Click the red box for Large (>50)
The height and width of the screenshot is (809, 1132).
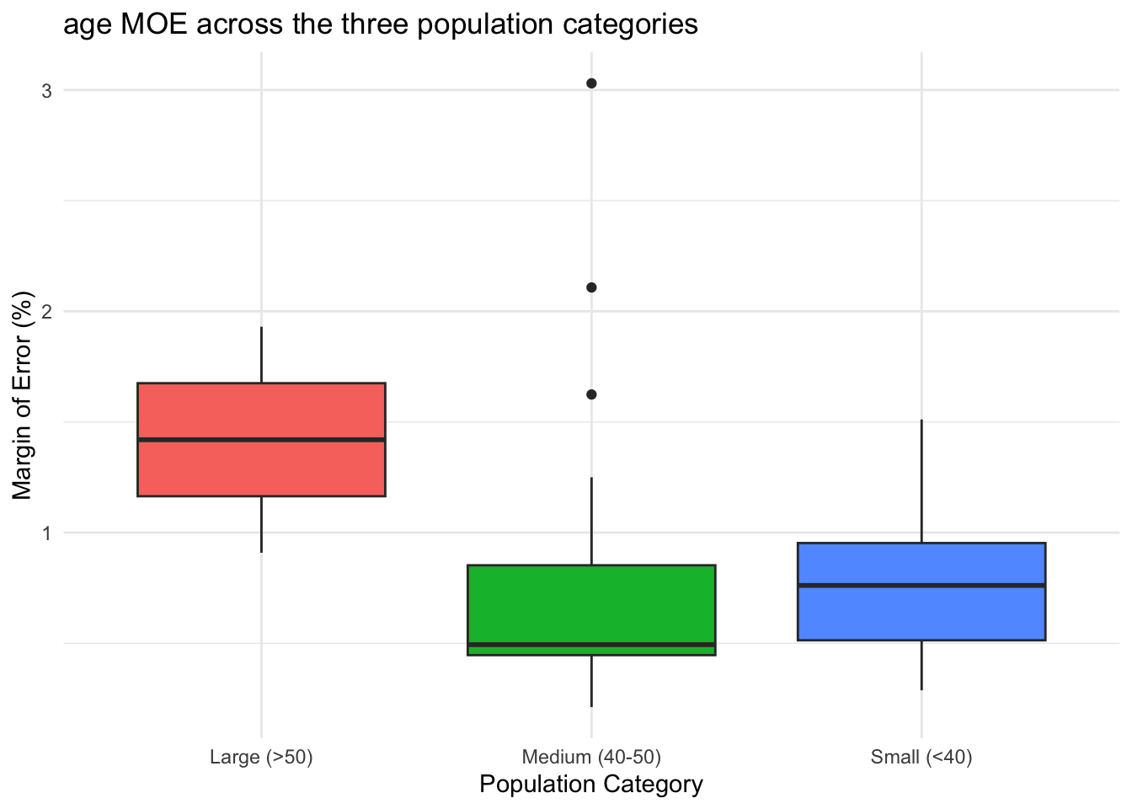261,413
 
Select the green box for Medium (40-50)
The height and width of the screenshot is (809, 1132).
591,603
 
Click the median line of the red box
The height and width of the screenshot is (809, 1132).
261,440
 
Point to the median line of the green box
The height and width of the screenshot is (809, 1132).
591,645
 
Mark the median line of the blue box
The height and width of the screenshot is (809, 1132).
921,585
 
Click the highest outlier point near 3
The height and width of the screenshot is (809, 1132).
591,83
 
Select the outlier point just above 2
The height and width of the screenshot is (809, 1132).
591,287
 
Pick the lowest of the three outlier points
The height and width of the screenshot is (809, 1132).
591,394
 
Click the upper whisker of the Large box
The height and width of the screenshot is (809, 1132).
261,354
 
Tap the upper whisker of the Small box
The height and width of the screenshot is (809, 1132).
921,480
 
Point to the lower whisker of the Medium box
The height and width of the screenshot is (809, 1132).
591,681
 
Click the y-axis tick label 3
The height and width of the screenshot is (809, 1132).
47,90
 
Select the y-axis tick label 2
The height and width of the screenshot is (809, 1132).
47,312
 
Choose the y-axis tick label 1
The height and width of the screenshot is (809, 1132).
47,533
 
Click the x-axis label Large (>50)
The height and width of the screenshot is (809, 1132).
261,757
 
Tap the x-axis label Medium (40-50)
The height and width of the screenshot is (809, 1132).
591,757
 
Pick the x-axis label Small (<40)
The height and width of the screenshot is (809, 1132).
921,757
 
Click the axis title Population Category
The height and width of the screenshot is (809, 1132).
591,785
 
